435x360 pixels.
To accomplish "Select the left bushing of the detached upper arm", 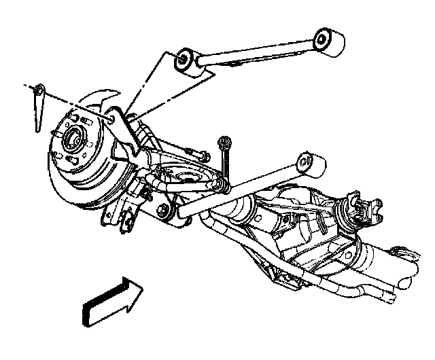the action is pyautogui.click(x=184, y=62).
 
